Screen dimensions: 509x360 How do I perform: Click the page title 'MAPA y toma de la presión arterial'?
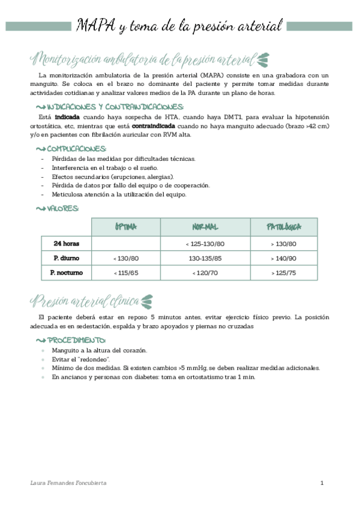pyautogui.click(x=179, y=26)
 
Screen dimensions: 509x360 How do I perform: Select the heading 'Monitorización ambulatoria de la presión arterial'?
pyautogui.click(x=144, y=59)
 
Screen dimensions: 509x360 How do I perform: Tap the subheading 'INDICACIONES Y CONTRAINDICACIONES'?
pyautogui.click(x=107, y=106)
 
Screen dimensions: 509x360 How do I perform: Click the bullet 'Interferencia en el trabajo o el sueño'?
pyautogui.click(x=104, y=167)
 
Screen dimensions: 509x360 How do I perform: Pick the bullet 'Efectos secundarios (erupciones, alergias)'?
pyautogui.click(x=112, y=176)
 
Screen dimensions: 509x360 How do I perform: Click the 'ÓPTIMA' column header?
pyautogui.click(x=126, y=227)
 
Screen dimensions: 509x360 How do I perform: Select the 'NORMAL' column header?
pyautogui.click(x=205, y=227)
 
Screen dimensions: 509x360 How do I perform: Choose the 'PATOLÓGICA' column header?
pyautogui.click(x=284, y=227)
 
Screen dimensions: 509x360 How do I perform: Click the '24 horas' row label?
pyautogui.click(x=66, y=244)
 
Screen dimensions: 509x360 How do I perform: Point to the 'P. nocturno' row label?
pyautogui.click(x=66, y=273)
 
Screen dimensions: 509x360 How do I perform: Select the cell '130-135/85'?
pyautogui.click(x=206, y=258)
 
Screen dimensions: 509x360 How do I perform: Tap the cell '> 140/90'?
pyautogui.click(x=284, y=258)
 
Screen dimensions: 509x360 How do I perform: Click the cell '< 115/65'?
pyautogui.click(x=126, y=273)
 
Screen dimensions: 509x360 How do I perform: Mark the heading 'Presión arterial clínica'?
pyautogui.click(x=85, y=300)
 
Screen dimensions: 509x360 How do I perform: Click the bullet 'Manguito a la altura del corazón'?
pyautogui.click(x=99, y=350)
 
